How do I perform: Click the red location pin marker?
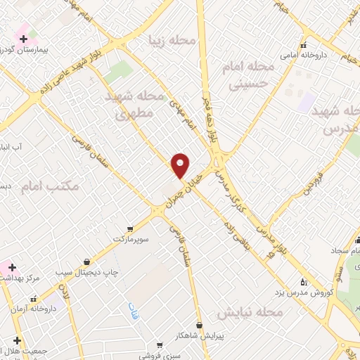tap(181, 165)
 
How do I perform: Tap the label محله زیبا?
tap(171, 41)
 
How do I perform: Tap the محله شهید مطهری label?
tap(134, 104)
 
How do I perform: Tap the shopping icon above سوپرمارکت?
tap(130, 229)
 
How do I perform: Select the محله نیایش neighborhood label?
tap(250, 311)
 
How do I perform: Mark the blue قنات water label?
tap(132, 308)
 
